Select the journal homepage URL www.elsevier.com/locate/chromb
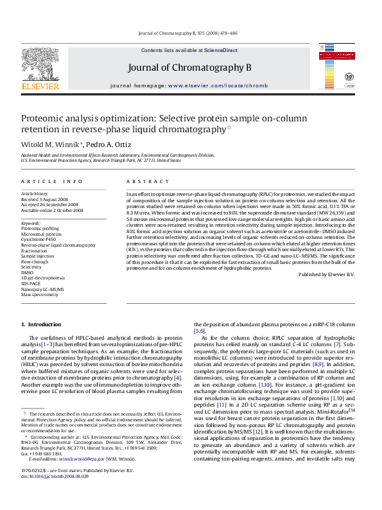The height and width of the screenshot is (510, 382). (x=209, y=85)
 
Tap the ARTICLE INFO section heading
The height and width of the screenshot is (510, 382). (x=51, y=182)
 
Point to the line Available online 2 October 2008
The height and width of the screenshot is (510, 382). (x=52, y=209)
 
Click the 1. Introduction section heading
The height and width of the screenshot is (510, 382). (x=41, y=324)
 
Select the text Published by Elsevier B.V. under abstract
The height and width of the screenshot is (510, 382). (x=326, y=274)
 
